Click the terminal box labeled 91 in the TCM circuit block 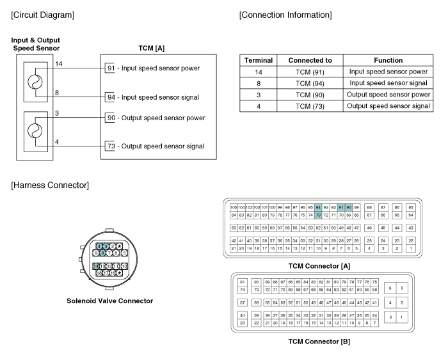(x=110, y=68)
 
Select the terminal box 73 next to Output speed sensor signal (x=110, y=146)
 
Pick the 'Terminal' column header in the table (x=259, y=60)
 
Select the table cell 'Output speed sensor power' (x=388, y=94)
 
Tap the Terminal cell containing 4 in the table (x=259, y=106)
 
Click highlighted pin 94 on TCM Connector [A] (x=318, y=207)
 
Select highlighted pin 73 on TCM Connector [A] (x=318, y=215)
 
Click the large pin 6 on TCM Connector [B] (x=390, y=288)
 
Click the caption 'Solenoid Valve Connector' (x=109, y=301)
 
